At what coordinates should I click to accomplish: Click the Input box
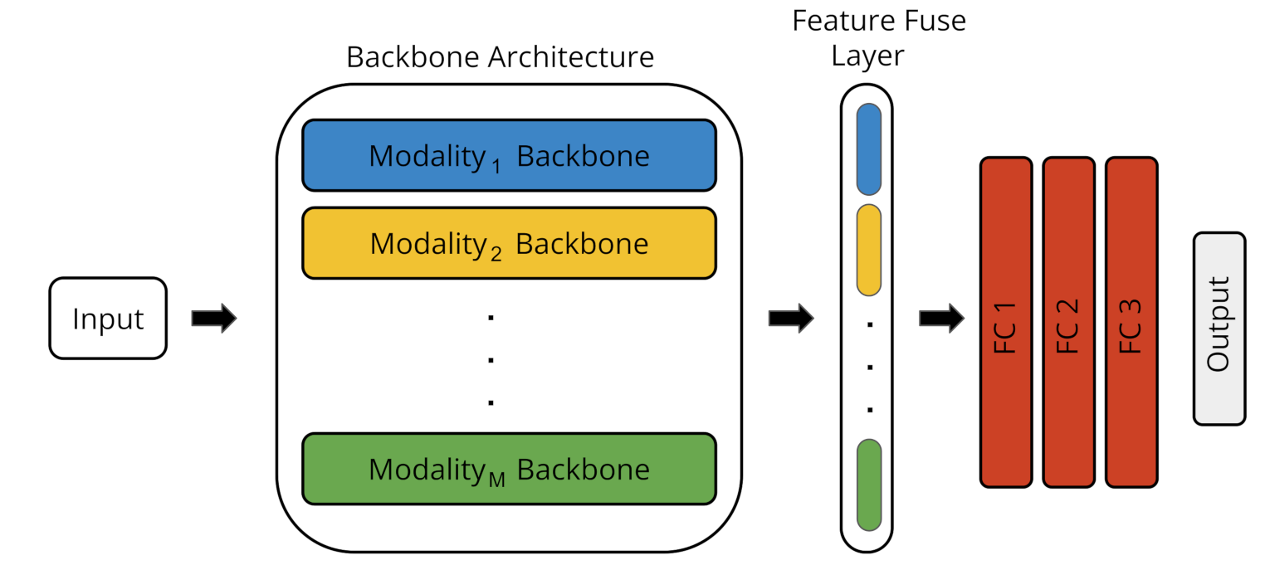point(108,319)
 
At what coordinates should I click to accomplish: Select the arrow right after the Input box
point(214,319)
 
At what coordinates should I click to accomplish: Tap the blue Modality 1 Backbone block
point(509,156)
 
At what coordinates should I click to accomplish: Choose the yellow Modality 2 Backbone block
point(509,243)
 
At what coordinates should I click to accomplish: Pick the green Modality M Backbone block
point(509,469)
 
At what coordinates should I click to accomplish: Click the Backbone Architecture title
point(500,57)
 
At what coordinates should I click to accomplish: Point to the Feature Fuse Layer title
point(879,37)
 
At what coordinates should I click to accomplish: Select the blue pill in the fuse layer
point(868,149)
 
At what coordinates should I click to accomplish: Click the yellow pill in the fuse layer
point(868,250)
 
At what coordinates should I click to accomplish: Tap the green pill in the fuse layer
point(868,485)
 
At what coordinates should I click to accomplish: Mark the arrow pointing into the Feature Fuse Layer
point(791,319)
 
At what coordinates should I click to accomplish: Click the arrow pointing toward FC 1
point(941,317)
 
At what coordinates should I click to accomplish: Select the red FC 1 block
point(1005,322)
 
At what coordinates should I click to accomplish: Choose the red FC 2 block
point(1068,322)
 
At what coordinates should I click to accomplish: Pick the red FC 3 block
point(1131,322)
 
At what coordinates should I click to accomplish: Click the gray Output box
point(1219,329)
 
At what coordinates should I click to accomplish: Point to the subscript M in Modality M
point(496,480)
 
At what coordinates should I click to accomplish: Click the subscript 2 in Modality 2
point(496,255)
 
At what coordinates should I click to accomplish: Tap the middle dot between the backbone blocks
point(491,360)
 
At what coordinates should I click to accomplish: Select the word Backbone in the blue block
point(583,156)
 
